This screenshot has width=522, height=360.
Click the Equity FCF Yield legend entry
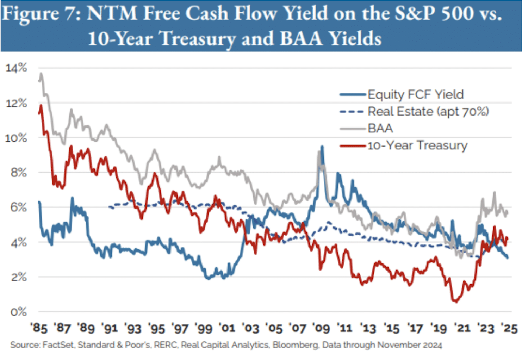pyautogui.click(x=416, y=94)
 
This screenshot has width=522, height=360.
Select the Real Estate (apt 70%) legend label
pyautogui.click(x=428, y=111)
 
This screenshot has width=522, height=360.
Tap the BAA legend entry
pyautogui.click(x=380, y=128)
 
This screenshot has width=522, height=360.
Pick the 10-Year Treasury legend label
pyautogui.click(x=417, y=145)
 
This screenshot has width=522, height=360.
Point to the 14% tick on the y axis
pyautogui.click(x=16, y=68)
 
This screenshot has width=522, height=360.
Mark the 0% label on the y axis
pyautogui.click(x=18, y=312)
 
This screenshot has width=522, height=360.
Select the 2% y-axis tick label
pyautogui.click(x=18, y=277)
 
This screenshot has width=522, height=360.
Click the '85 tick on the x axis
pyautogui.click(x=39, y=328)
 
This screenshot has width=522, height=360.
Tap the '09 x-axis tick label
pyautogui.click(x=321, y=328)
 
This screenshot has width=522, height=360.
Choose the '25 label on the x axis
pyautogui.click(x=509, y=328)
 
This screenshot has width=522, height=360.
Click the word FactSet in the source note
pyautogui.click(x=58, y=345)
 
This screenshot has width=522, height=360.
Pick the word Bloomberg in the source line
pyautogui.click(x=296, y=345)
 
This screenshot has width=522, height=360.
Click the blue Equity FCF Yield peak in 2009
pyautogui.click(x=322, y=147)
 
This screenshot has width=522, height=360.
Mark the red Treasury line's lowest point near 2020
pyautogui.click(x=455, y=302)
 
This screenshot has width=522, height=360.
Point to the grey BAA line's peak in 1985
pyautogui.click(x=41, y=74)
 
